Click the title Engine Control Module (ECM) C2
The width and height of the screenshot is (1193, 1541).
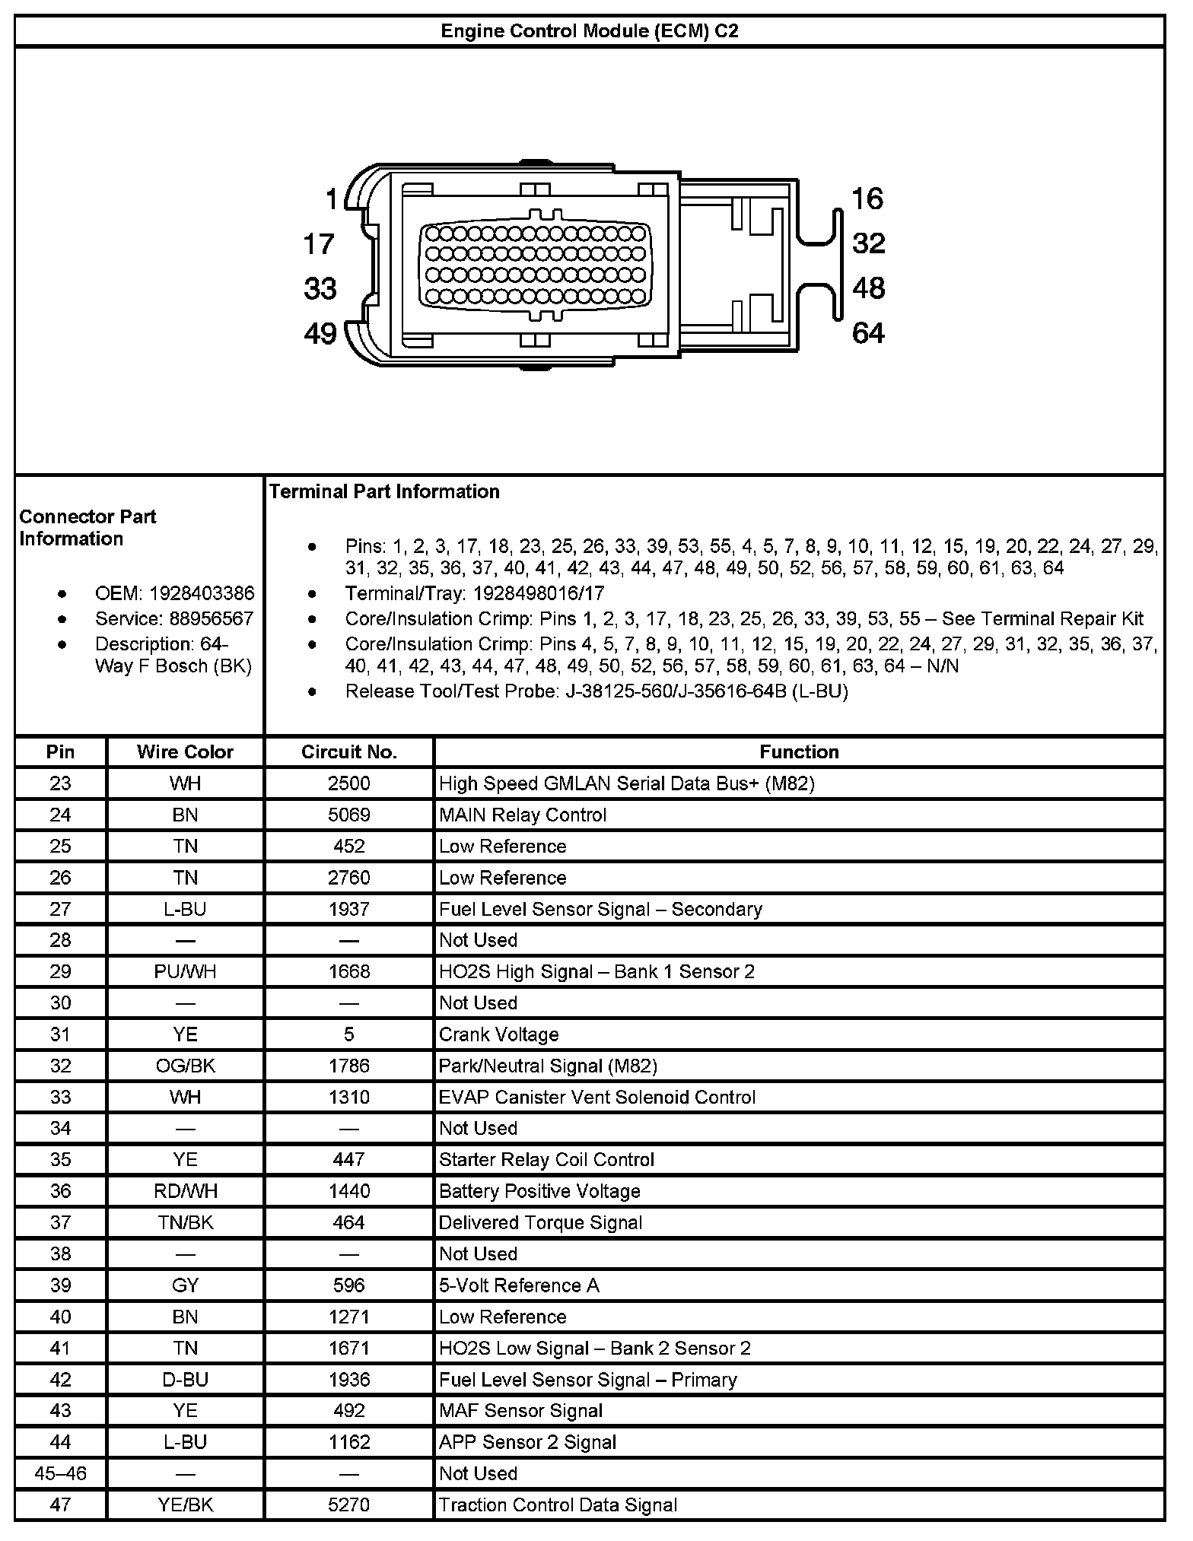pos(590,31)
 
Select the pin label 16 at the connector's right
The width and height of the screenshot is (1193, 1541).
pos(867,199)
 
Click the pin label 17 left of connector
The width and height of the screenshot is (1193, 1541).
pos(319,244)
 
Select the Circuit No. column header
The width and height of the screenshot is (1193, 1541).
pos(349,752)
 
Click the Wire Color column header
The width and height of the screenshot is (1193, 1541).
pos(185,752)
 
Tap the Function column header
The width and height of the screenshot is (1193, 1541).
pos(799,752)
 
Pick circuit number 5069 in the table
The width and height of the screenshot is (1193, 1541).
pos(349,815)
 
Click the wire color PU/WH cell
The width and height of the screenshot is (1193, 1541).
pos(185,972)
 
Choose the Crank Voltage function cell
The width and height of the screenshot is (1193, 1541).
pos(499,1034)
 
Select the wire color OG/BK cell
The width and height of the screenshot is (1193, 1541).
pos(185,1066)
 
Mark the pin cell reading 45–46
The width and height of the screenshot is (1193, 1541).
pos(61,1474)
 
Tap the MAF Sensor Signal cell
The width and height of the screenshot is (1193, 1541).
pos(521,1411)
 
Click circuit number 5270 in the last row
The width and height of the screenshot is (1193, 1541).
pos(349,1505)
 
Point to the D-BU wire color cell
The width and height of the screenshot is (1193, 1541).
pos(185,1380)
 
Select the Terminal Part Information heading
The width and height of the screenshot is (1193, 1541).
pos(384,492)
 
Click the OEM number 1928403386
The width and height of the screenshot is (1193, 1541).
pos(202,593)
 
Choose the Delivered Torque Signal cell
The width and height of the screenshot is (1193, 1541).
pos(541,1223)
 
